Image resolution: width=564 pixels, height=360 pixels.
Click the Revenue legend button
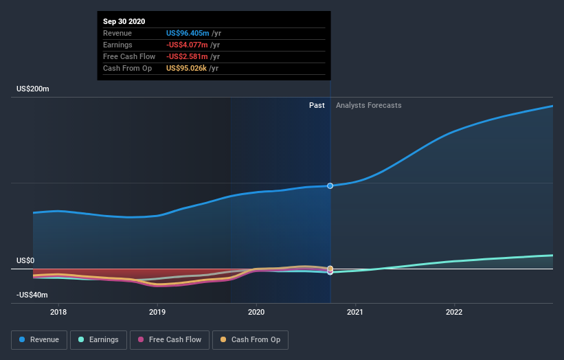click(39, 339)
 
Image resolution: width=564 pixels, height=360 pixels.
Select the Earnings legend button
click(98, 339)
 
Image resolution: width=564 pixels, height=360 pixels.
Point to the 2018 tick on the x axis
click(58, 312)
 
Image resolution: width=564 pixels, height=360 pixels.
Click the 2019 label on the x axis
click(157, 312)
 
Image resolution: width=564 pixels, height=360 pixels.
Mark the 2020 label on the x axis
click(256, 312)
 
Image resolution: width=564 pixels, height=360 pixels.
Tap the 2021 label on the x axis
click(355, 312)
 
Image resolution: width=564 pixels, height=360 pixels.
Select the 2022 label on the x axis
click(454, 312)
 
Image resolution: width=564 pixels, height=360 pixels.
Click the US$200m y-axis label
click(33, 89)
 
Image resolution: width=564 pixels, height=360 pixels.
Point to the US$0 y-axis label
click(25, 261)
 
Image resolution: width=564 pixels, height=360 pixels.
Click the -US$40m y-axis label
click(32, 295)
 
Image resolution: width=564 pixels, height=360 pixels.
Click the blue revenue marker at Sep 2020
click(330, 186)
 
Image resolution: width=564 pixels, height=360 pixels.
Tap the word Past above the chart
click(317, 105)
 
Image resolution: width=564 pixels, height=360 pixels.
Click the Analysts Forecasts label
click(368, 105)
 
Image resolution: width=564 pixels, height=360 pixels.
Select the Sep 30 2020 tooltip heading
click(124, 22)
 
